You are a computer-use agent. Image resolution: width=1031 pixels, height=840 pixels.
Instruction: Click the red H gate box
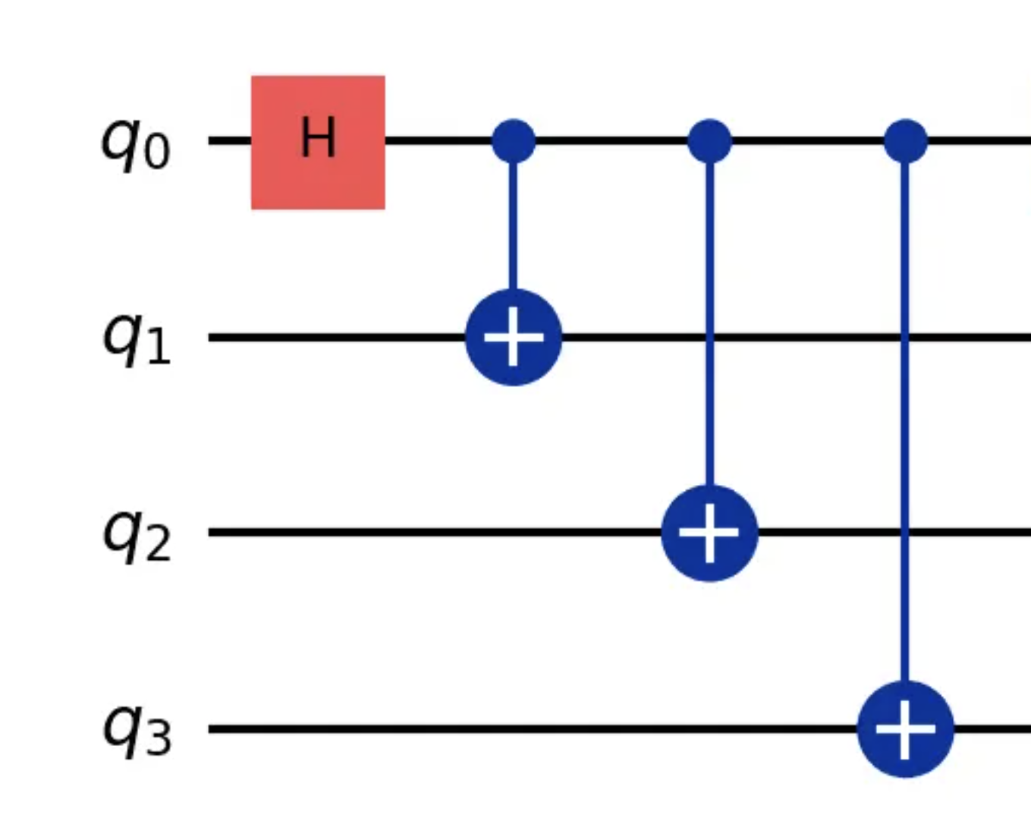(x=318, y=142)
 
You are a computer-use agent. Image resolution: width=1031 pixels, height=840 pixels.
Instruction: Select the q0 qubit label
(x=135, y=144)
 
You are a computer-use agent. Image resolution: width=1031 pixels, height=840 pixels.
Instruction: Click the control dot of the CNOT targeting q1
(x=514, y=141)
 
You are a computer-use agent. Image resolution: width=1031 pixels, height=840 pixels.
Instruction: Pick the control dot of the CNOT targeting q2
(x=709, y=141)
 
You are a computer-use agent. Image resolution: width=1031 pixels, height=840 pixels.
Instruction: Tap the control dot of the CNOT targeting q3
(x=906, y=141)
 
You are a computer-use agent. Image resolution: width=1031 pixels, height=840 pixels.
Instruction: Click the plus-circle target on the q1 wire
(x=514, y=337)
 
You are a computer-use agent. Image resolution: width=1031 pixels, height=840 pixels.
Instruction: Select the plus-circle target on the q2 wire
(x=709, y=533)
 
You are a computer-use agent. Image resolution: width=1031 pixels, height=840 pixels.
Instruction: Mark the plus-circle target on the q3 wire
(x=905, y=728)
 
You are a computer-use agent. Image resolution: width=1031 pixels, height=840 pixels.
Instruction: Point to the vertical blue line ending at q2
(x=709, y=319)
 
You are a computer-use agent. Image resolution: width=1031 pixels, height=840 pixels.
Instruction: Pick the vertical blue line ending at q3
(x=905, y=425)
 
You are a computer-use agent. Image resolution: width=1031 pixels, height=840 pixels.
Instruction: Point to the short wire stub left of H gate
(x=230, y=141)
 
